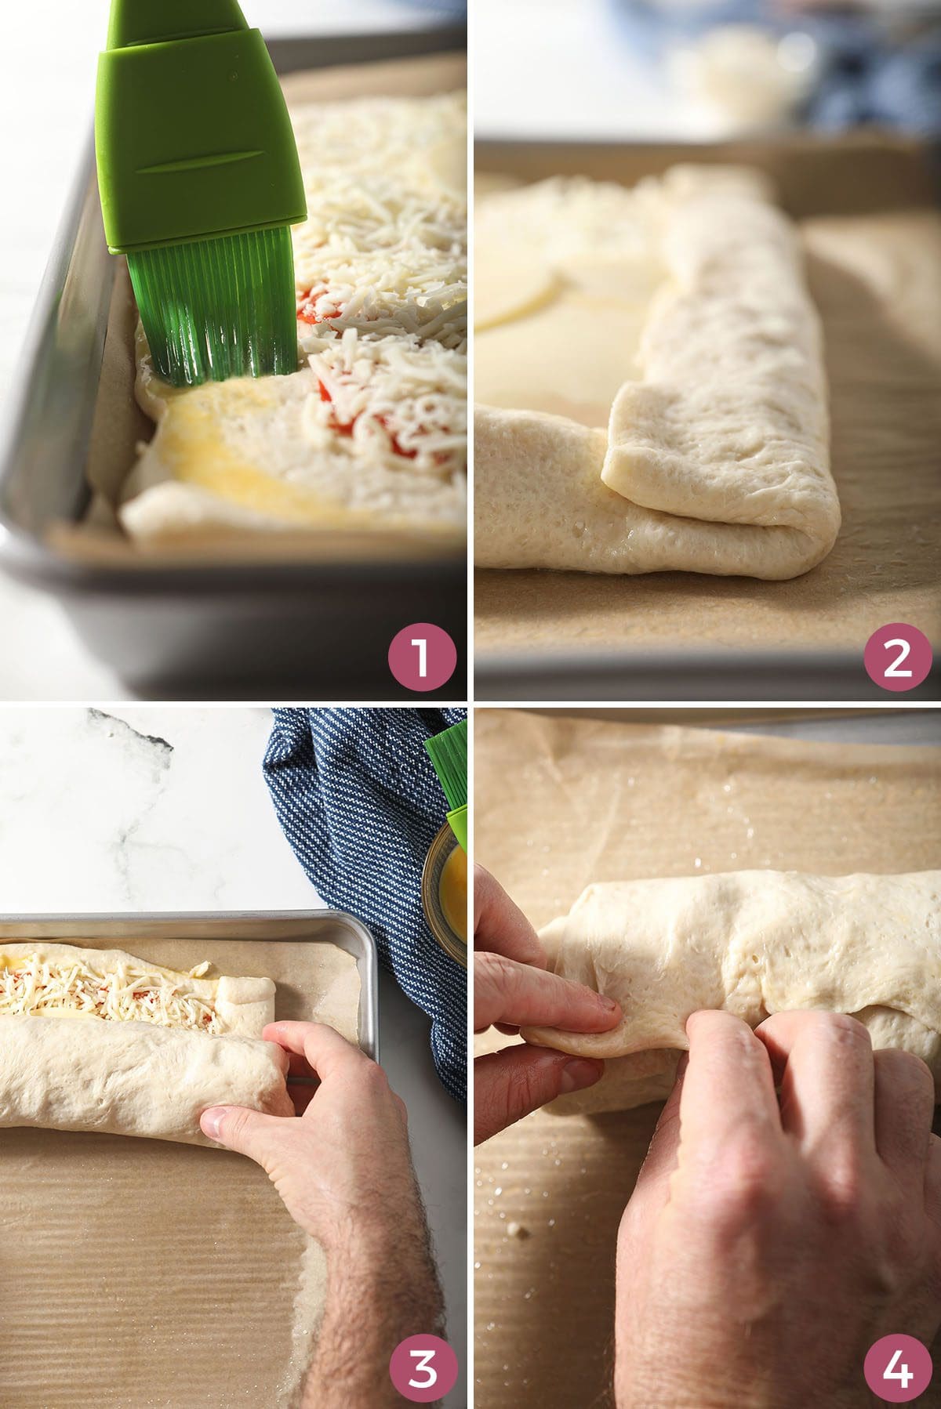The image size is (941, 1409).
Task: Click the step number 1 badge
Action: [x=423, y=657]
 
